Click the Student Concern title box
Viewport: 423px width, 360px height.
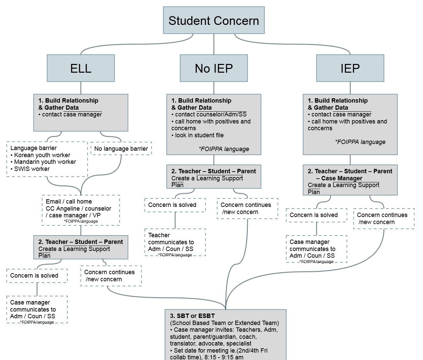pos(214,21)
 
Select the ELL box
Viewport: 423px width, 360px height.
pos(81,68)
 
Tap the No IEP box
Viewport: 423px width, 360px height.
pos(214,68)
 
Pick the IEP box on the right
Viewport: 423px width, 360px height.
pos(350,68)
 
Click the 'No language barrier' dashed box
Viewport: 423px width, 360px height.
pos(121,149)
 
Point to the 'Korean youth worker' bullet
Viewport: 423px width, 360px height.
pos(42,155)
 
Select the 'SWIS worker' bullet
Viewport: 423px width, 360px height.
pos(32,169)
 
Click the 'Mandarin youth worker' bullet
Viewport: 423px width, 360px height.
pos(45,162)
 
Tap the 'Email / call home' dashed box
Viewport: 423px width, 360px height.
pos(81,210)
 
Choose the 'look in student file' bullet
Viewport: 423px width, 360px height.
pos(199,135)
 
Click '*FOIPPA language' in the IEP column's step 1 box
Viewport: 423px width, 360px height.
pos(360,142)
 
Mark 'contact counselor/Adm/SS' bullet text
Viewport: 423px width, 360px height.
pos(211,114)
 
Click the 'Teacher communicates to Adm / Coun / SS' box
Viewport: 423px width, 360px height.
pos(175,242)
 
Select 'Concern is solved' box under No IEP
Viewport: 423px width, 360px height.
pos(175,205)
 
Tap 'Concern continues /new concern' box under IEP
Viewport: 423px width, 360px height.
pos(384,218)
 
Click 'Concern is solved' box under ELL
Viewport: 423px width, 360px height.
pos(37,276)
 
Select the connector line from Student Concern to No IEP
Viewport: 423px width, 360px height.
pos(214,44)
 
